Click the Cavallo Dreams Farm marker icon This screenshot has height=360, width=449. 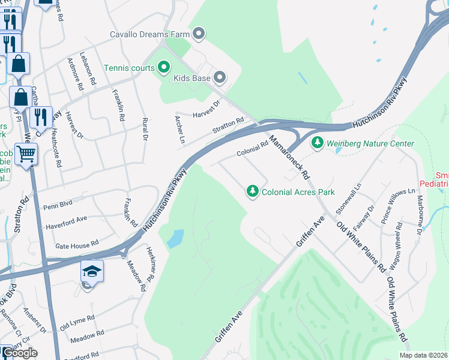point(199,34)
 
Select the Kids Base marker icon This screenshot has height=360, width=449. point(220,77)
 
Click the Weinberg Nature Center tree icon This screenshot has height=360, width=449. point(317,143)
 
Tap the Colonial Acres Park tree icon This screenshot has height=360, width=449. point(253,191)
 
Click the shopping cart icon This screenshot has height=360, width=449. point(26,154)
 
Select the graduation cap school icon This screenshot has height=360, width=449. point(92,272)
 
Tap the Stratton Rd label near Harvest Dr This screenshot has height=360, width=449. point(228,126)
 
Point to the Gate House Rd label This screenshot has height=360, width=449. point(76,244)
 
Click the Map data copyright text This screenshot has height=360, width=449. point(423,355)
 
